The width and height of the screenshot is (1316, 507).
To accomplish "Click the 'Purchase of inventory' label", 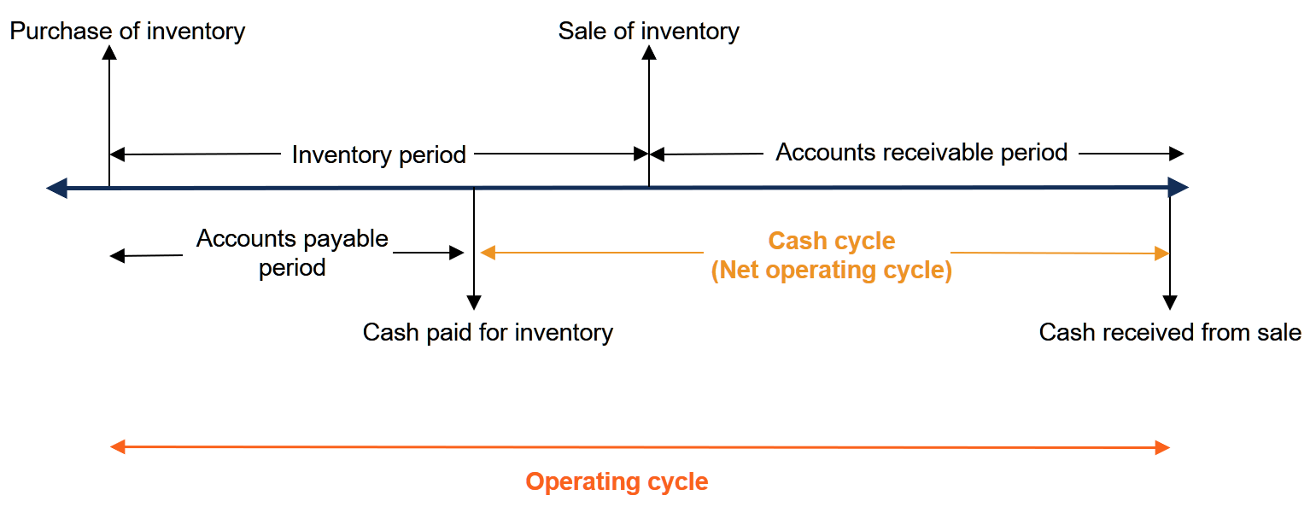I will click(x=127, y=32).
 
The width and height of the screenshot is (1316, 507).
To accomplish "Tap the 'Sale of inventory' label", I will click(x=648, y=32).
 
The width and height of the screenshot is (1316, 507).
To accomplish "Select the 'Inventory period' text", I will click(x=378, y=154).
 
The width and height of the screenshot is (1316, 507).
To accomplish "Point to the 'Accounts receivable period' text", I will click(x=921, y=152).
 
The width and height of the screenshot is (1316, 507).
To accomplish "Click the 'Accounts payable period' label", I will click(x=292, y=253).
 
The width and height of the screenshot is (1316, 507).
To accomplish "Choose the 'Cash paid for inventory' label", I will click(x=488, y=332).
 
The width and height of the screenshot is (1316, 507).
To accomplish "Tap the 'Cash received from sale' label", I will click(x=1169, y=332).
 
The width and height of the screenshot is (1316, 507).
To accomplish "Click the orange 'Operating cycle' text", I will click(x=617, y=481).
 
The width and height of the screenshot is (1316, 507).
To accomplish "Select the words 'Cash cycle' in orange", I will click(x=832, y=241).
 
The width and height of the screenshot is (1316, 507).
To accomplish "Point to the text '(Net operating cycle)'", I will click(x=832, y=271).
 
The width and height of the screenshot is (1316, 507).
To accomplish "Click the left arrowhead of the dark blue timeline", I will click(x=56, y=188).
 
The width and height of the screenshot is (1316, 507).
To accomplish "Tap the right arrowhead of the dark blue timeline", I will click(x=1178, y=188).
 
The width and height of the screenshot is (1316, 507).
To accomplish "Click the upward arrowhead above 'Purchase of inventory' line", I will click(x=109, y=52).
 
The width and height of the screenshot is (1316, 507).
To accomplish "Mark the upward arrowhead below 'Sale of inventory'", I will click(x=649, y=52).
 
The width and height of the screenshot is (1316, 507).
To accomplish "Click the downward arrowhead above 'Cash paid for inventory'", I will click(x=474, y=302).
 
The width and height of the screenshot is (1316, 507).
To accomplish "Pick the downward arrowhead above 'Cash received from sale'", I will click(x=1170, y=302).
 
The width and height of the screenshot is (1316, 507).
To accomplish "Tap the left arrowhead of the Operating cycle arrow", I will click(x=118, y=446).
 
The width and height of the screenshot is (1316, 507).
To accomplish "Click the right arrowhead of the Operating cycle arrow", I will click(x=1161, y=447).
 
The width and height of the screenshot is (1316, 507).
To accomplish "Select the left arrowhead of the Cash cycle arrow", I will click(x=488, y=252).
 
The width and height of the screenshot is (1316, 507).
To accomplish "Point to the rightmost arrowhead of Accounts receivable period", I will click(x=1177, y=154).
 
